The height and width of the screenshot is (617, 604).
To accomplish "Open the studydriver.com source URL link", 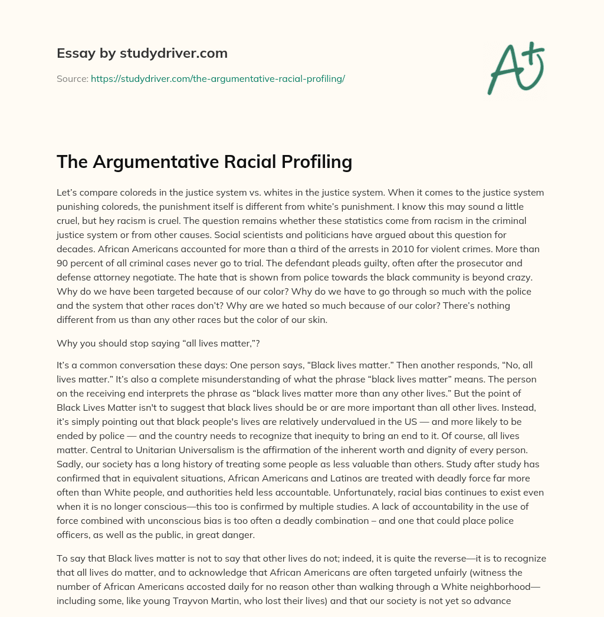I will (x=218, y=78).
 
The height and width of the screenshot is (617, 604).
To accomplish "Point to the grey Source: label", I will (x=73, y=78).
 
